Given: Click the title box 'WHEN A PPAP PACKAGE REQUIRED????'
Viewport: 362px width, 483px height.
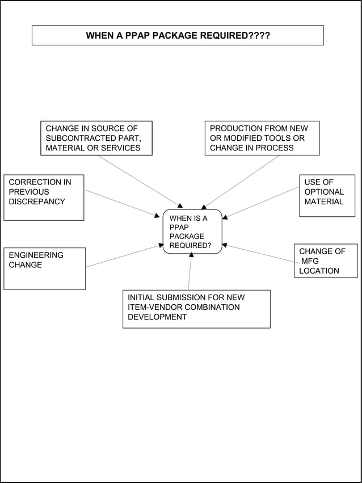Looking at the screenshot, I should tap(178, 36).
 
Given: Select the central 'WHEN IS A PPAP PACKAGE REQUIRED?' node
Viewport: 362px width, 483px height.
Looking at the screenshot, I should tap(192, 232).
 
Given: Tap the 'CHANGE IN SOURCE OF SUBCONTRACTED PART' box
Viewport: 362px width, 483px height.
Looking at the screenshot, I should tap(96, 138).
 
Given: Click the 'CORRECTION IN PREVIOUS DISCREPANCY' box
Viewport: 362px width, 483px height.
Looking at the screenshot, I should tap(44, 198).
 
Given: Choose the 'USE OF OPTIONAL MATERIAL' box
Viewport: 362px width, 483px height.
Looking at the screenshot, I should tap(327, 196).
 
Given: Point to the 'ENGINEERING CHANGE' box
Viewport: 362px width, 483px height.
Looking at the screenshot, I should tap(44, 268).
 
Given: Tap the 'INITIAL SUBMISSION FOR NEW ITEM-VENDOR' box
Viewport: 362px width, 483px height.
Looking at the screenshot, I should tap(196, 309).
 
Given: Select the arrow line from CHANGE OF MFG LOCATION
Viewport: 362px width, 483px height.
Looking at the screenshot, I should tap(260, 254).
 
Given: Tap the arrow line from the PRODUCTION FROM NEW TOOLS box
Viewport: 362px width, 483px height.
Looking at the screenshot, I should tap(241, 182).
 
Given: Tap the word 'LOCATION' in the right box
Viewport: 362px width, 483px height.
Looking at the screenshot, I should tap(319, 271).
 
